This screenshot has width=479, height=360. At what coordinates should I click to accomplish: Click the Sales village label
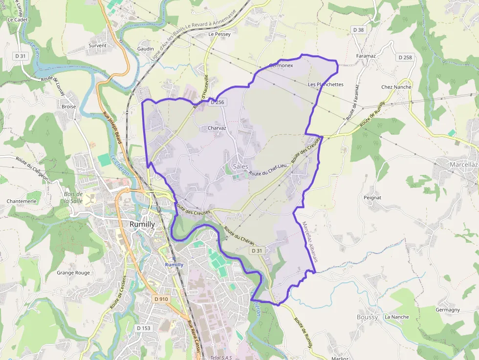tap(240, 167)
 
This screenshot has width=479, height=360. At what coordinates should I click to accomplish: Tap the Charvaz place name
tap(217, 128)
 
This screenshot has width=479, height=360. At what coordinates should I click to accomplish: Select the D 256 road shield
tap(217, 102)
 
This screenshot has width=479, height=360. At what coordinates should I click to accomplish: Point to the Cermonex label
tap(281, 65)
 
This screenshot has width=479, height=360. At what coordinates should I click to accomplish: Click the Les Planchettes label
tap(326, 85)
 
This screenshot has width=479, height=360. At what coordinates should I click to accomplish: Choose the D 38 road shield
tap(359, 30)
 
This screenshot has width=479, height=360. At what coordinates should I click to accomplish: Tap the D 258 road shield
tap(405, 57)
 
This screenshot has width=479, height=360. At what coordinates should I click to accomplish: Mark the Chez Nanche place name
tap(396, 87)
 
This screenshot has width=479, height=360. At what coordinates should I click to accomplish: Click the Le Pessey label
tap(219, 35)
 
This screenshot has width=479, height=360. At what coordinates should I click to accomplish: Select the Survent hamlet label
tap(97, 46)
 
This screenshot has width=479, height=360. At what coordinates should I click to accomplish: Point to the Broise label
tap(69, 106)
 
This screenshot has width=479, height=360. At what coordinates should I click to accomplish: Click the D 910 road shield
tap(161, 299)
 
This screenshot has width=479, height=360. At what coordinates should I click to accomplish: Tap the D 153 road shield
tap(144, 328)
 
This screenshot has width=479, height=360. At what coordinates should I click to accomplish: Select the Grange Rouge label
tap(73, 273)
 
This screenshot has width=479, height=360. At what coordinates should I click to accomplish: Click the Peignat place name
tap(372, 198)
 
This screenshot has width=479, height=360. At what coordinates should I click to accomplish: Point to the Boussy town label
tap(367, 317)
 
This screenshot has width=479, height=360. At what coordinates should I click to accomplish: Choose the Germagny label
tap(448, 310)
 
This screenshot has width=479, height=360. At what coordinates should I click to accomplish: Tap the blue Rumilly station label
tap(174, 265)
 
